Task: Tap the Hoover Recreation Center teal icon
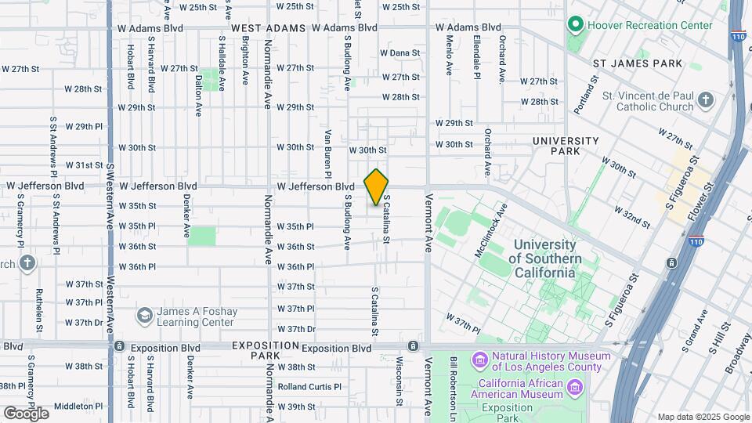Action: click(577, 25)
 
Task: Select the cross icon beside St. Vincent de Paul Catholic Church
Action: click(706, 100)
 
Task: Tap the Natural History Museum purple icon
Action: click(479, 360)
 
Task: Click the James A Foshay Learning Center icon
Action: click(144, 315)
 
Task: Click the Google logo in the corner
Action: click(26, 413)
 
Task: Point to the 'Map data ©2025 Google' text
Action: click(703, 417)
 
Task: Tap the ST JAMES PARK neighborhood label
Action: click(638, 63)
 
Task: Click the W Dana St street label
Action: click(399, 53)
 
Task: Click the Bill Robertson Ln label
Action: click(454, 384)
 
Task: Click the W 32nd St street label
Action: click(633, 217)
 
